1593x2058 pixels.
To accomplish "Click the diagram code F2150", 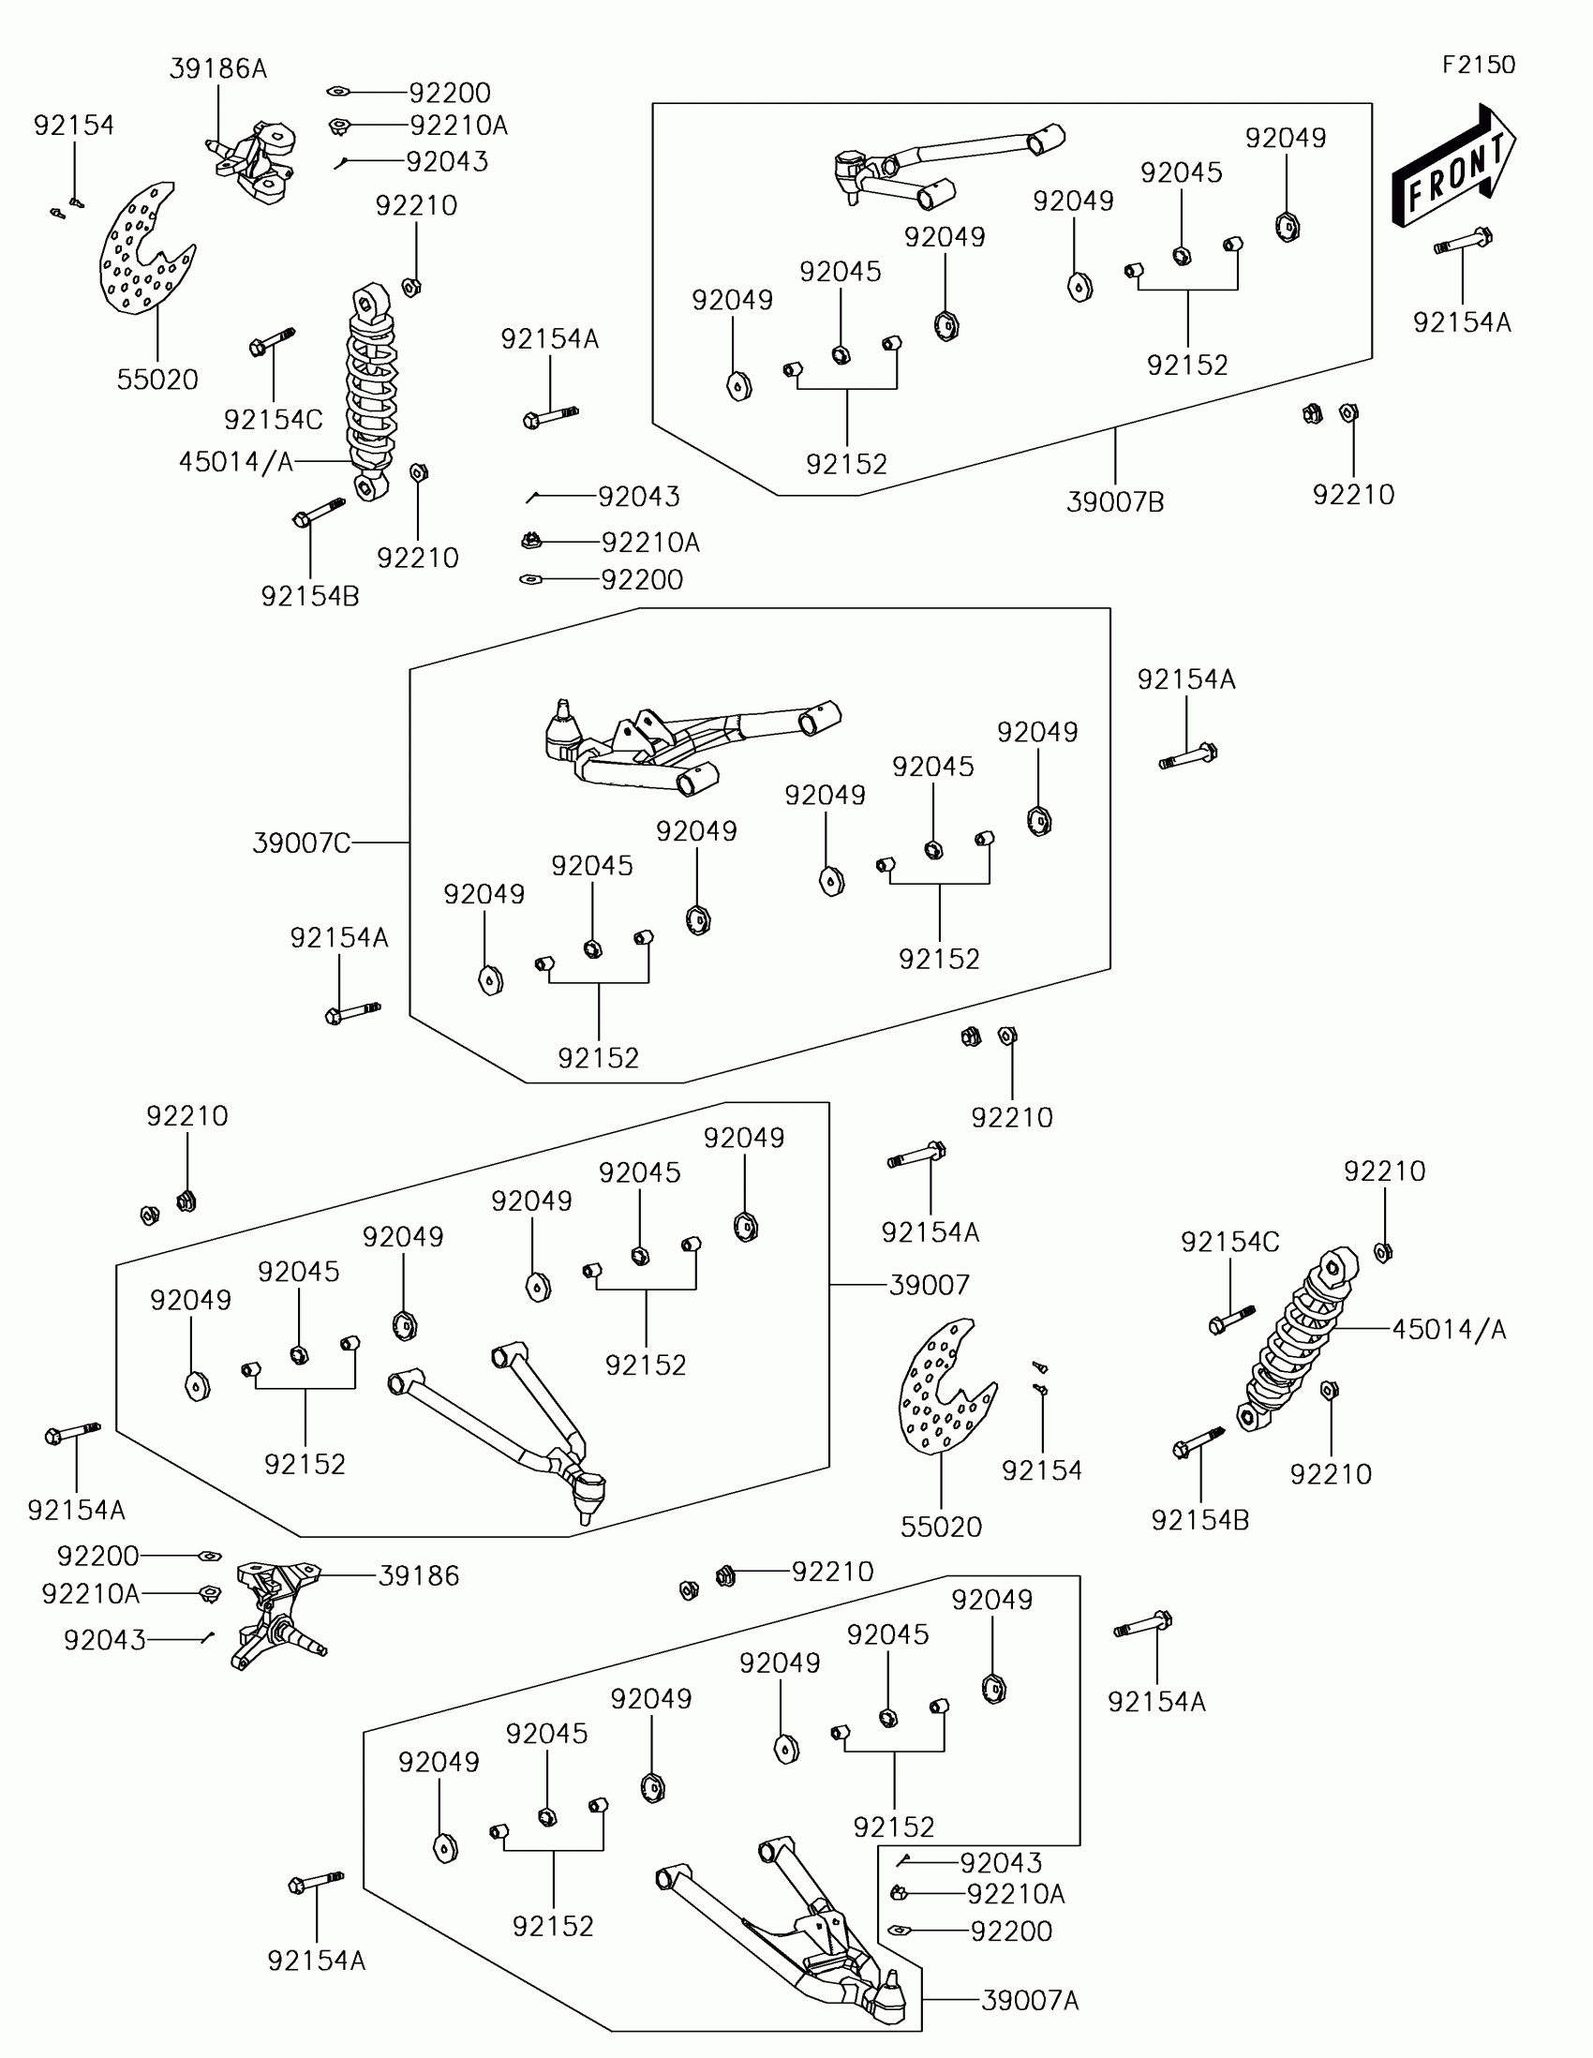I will [x=1478, y=65].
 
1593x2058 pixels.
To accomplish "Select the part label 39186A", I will [x=217, y=68].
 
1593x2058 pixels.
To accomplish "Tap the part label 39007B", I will [x=1114, y=502].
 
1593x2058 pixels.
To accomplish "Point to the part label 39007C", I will [x=302, y=843].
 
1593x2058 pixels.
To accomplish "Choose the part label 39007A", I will [x=1030, y=2001].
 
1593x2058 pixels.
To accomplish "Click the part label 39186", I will [x=418, y=1575].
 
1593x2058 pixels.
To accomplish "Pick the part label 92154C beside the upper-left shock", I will [x=274, y=419].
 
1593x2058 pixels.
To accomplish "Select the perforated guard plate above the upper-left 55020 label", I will [x=143, y=250].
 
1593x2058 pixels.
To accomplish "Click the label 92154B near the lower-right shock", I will [x=1199, y=1520].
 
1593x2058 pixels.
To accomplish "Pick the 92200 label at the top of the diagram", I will [x=450, y=94].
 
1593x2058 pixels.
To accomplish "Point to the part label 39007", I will [x=929, y=1284].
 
